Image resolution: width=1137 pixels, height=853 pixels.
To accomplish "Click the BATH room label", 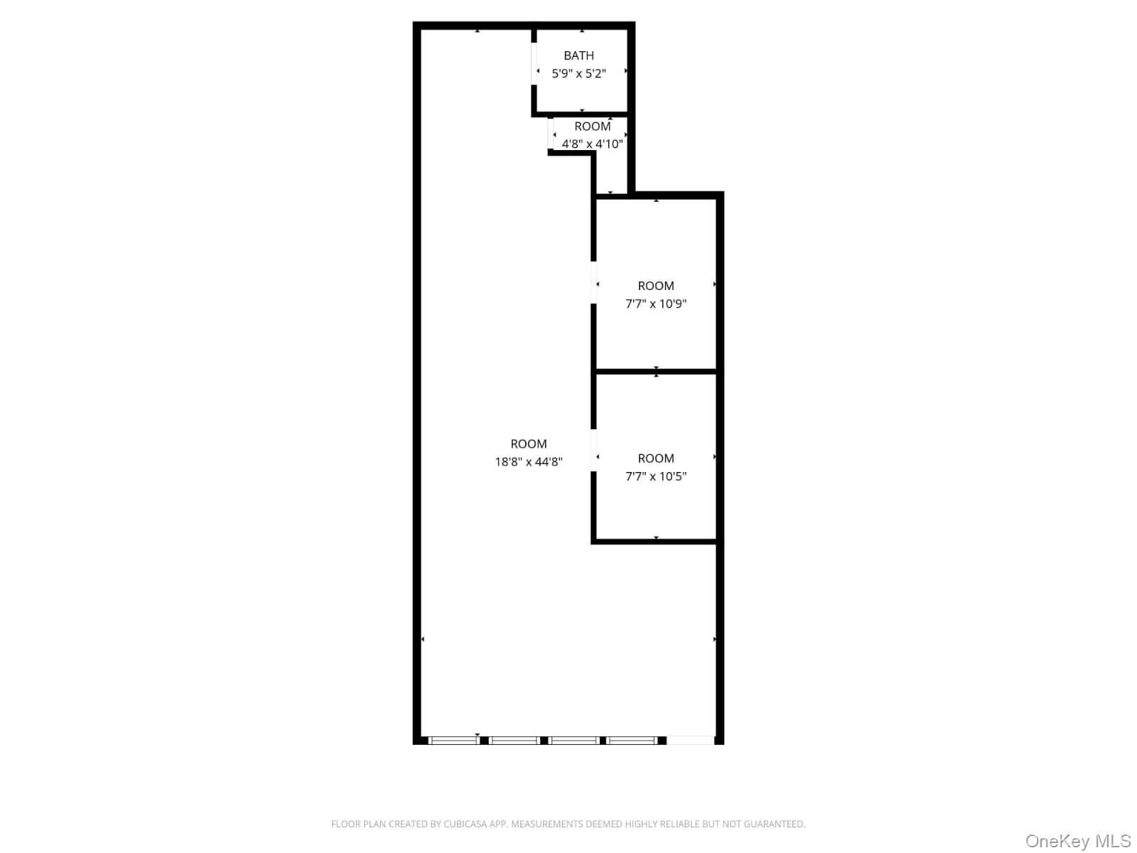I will (x=578, y=55).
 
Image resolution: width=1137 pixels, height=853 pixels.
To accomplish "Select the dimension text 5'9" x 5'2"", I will (x=578, y=73).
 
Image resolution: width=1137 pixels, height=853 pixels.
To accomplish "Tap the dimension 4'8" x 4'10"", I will (x=592, y=144).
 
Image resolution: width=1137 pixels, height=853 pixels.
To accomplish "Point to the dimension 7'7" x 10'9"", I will (x=655, y=304).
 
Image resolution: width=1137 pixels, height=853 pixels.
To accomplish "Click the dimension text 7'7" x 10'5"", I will (x=655, y=476).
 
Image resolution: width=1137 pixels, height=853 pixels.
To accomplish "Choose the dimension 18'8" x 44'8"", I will (x=529, y=461).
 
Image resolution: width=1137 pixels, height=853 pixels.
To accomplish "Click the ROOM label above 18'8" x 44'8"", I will (x=529, y=444).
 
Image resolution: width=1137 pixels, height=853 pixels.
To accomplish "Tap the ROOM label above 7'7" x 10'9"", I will (x=655, y=286).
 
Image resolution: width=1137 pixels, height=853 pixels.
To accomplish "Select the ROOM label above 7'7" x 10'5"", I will (x=655, y=458).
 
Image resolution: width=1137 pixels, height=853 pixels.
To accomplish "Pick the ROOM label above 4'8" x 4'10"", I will (x=592, y=127).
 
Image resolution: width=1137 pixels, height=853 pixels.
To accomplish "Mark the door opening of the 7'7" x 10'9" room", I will (x=593, y=283).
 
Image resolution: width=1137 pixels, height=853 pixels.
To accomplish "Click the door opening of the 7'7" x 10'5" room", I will (x=593, y=450).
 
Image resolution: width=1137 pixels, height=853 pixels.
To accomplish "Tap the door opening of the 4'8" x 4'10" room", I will (x=551, y=134).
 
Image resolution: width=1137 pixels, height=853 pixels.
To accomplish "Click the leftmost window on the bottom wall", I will (x=454, y=741).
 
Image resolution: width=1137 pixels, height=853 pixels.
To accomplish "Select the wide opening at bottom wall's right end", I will (x=690, y=741).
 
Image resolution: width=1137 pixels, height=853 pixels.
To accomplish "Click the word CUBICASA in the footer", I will (x=466, y=824).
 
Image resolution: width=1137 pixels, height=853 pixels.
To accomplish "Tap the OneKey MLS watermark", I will (x=1077, y=842).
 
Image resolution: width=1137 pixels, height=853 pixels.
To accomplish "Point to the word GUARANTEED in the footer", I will (x=778, y=824).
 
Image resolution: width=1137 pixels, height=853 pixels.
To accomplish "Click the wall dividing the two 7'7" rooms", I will (x=655, y=371).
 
